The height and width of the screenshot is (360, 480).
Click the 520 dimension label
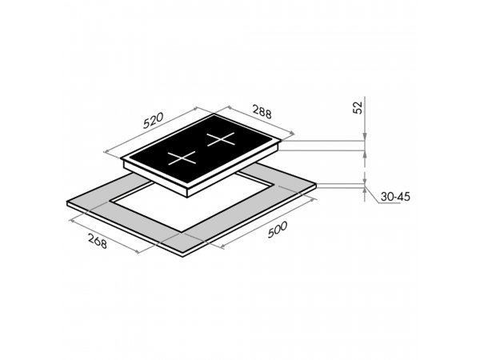pyautogui.click(x=154, y=120)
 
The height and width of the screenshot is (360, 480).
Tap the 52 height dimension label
pyautogui.click(x=358, y=107)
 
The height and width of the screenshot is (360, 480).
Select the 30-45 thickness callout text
pyautogui.click(x=395, y=197)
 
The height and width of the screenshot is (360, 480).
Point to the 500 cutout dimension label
pyautogui.click(x=278, y=230)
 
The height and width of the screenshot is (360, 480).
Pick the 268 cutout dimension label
pyautogui.click(x=98, y=241)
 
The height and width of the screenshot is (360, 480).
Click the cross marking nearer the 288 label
pyautogui.click(x=221, y=139)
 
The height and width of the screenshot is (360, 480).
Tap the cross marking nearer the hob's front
pyautogui.click(x=182, y=158)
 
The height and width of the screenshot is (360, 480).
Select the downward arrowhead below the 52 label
pyautogui.click(x=365, y=137)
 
